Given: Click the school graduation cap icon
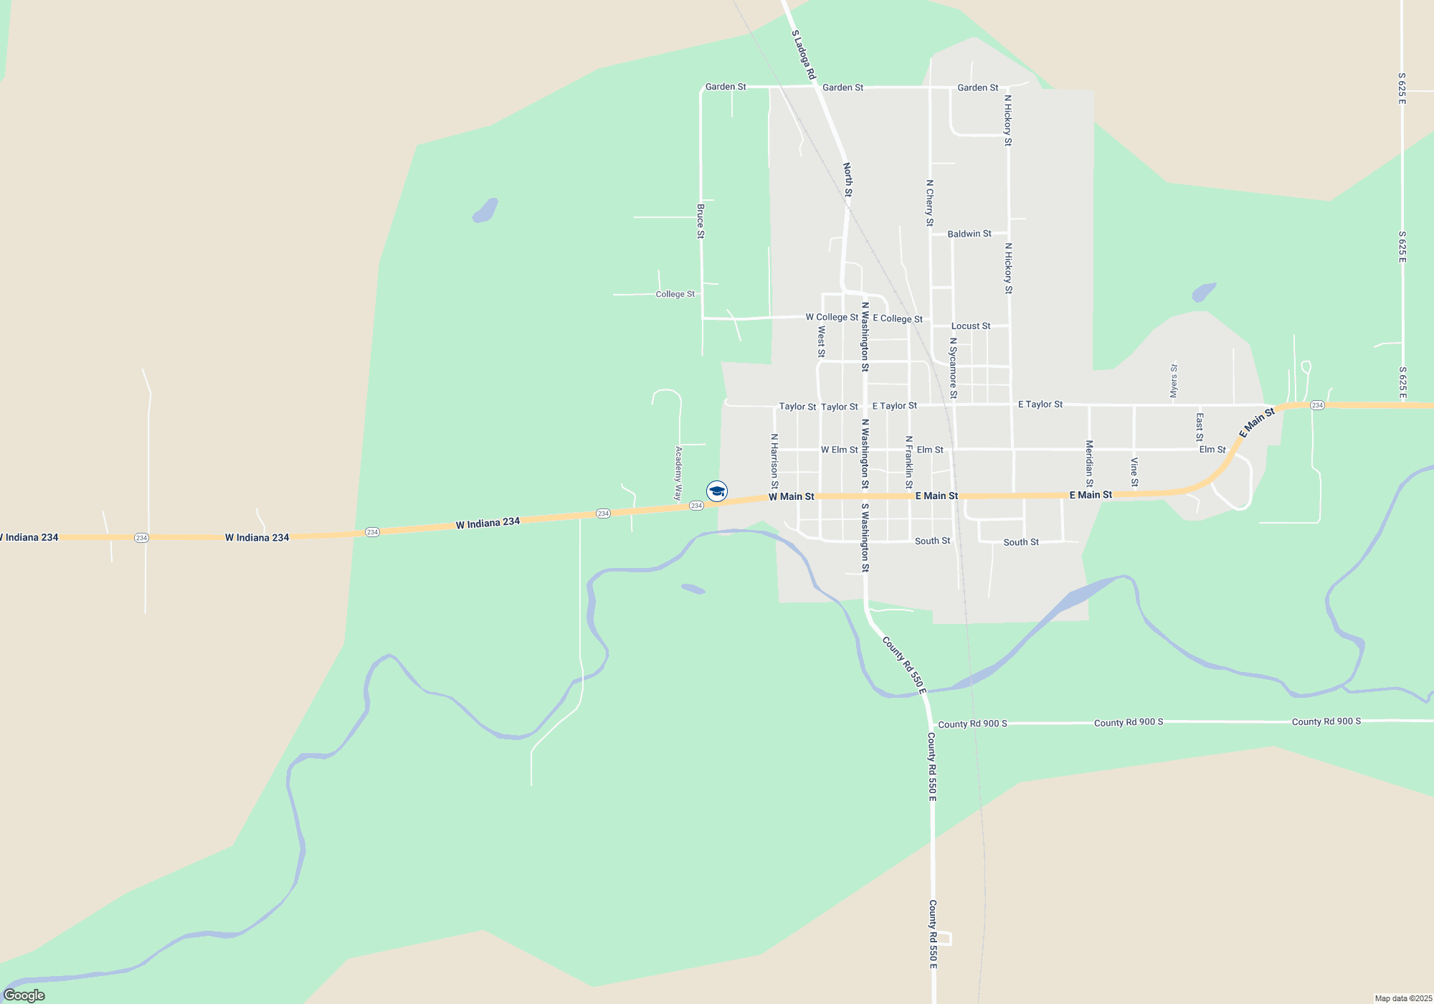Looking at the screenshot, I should click(717, 491).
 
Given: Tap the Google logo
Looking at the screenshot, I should click(24, 995).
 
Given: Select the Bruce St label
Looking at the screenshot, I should click(701, 221).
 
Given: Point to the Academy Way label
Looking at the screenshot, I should click(678, 473).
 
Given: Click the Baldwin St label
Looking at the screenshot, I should click(969, 234).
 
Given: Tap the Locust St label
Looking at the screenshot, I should click(971, 326).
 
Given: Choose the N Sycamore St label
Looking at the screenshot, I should click(953, 368).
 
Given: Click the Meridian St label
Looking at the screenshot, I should click(1089, 463).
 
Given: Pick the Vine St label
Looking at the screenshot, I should click(1134, 472).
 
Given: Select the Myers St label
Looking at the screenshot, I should click(1174, 380).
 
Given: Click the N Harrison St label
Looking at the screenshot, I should click(774, 461).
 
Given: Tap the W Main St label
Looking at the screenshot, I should click(792, 496).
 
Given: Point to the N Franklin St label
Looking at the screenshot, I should click(909, 462).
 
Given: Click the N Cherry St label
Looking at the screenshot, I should click(930, 203).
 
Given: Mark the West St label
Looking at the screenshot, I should click(822, 341).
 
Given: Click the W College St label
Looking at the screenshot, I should click(832, 317).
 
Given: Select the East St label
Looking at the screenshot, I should click(1200, 427).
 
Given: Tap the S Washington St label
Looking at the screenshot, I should click(865, 537).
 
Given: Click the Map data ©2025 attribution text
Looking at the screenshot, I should click(1403, 998).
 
